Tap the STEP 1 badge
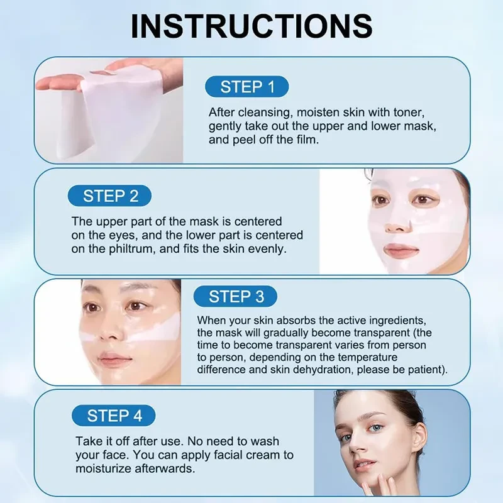[247, 87]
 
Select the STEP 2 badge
[111, 196]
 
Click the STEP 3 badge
[236, 296]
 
